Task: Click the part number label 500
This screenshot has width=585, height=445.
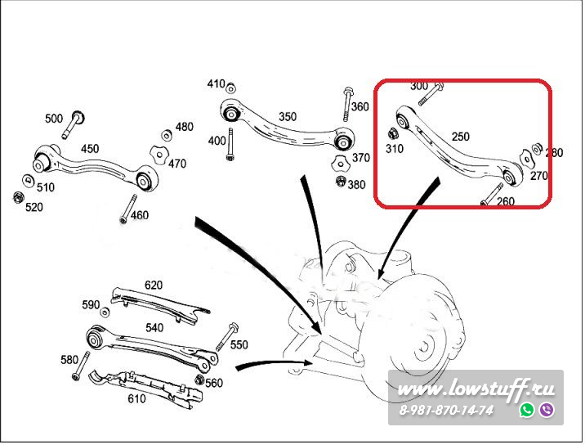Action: tap(54, 119)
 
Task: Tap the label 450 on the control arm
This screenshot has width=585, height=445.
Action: tap(90, 148)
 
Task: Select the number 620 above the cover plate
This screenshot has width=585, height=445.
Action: tap(154, 285)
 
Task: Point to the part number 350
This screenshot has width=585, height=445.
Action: tap(288, 116)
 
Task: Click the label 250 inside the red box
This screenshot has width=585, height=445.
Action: tap(460, 137)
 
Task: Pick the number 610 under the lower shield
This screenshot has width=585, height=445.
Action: tap(136, 398)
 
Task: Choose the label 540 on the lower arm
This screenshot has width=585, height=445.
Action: tap(154, 327)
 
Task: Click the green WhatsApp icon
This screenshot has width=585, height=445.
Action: tap(527, 410)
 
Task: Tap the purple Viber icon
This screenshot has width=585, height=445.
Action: tap(547, 410)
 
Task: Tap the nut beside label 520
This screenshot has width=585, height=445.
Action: tap(17, 198)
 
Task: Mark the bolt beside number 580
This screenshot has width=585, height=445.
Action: tap(78, 365)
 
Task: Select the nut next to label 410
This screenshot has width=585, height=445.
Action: tap(231, 87)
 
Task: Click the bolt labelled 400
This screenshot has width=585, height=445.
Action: tap(232, 142)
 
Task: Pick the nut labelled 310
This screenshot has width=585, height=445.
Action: tap(392, 133)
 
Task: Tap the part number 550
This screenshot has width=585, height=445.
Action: tap(239, 344)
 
